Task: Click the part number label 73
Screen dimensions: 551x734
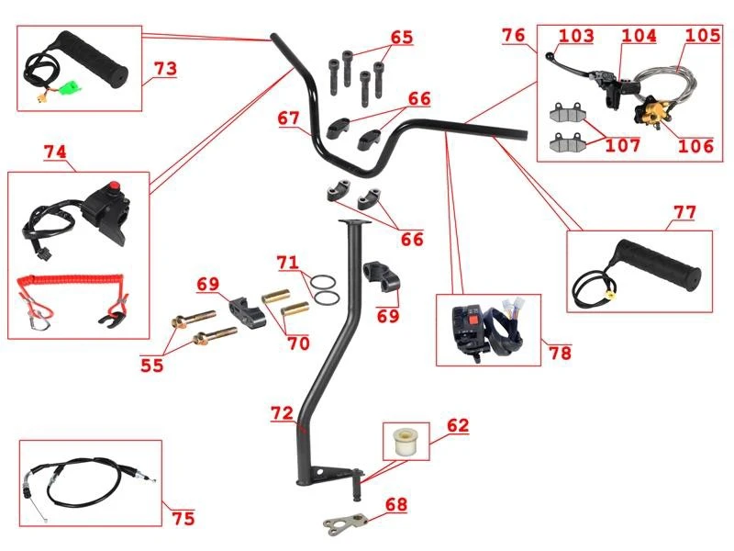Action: [165, 70]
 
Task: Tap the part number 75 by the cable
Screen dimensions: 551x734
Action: [183, 518]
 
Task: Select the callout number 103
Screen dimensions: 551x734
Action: [576, 36]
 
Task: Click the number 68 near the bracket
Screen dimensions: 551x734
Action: [395, 505]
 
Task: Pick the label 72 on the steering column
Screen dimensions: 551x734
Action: [283, 414]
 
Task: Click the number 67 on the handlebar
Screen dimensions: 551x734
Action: [288, 118]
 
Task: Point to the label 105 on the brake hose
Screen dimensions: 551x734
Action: [702, 36]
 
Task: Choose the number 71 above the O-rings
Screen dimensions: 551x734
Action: [289, 264]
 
